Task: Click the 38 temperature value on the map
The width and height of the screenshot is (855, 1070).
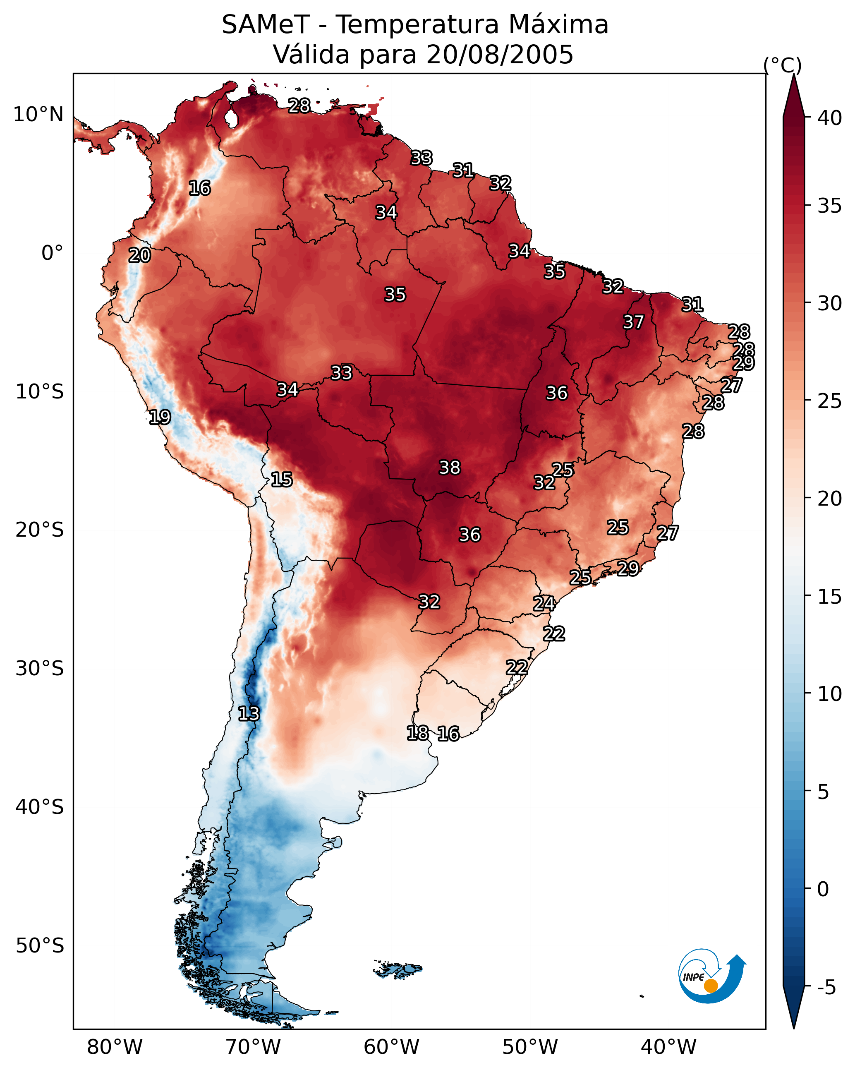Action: coord(450,468)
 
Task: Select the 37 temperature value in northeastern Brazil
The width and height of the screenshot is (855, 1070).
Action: coord(634,322)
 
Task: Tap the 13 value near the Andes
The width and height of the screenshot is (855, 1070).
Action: coord(249,714)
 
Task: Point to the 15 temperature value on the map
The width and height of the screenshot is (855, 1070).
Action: coord(281,480)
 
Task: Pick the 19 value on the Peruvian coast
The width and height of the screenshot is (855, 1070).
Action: coord(160,417)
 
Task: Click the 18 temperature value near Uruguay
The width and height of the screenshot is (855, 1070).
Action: coord(417,732)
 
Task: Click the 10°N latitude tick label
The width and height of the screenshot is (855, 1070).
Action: coord(38,115)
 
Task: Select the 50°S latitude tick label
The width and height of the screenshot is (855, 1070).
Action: coord(40,946)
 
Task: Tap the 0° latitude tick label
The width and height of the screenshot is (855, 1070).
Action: coord(53,253)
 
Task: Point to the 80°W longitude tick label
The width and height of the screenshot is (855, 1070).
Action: coord(115,1047)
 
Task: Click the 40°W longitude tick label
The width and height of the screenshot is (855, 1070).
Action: coord(668,1047)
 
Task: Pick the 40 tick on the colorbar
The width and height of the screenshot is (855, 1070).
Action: coord(830,118)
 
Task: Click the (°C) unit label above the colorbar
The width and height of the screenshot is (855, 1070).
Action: coord(783,65)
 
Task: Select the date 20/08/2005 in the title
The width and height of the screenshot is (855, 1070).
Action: coord(500,55)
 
